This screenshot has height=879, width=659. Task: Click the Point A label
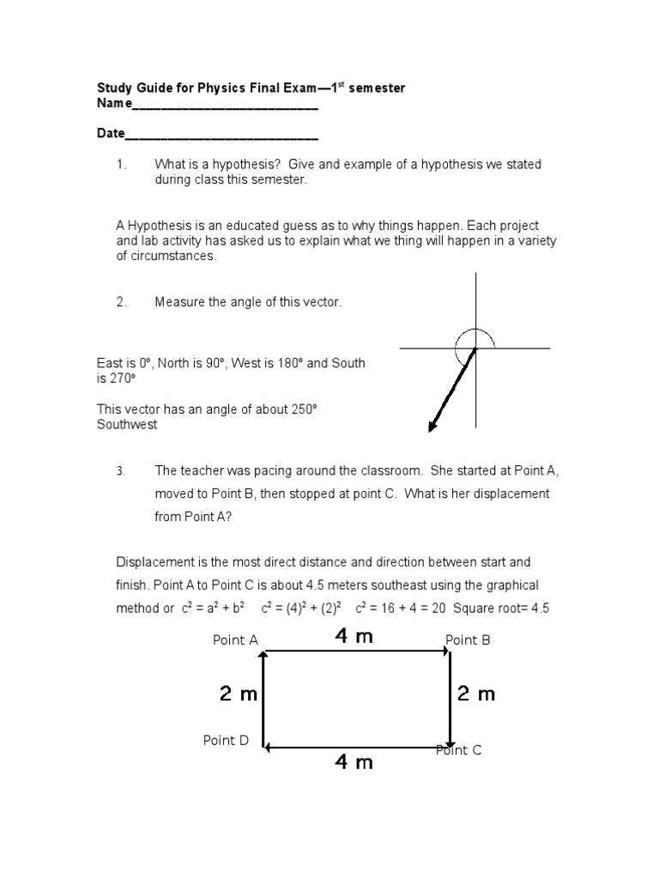[235, 640]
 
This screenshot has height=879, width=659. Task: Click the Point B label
[468, 640]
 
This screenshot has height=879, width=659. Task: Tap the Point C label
[459, 749]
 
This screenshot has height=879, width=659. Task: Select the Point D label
[226, 740]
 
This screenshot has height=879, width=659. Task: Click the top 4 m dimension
[354, 637]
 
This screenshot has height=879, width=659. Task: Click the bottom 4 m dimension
[354, 761]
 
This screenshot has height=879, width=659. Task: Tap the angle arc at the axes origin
[475, 336]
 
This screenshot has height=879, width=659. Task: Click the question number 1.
[121, 164]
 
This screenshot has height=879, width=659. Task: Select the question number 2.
[121, 302]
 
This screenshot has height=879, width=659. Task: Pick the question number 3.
[121, 471]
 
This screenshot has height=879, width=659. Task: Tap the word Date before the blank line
[111, 135]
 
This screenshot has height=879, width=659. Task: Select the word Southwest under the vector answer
[127, 425]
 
